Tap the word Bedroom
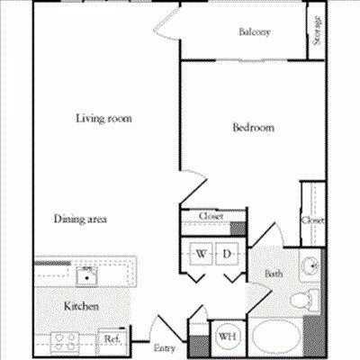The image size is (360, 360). tap(253, 128)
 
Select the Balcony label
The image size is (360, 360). tap(255, 33)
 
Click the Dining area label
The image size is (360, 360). tap(80, 219)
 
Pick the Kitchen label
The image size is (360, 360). tap(81, 307)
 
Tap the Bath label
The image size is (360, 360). tap(274, 274)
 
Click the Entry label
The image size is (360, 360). tap(164, 347)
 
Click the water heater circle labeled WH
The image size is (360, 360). tap(224, 338)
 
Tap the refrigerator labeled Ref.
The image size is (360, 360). tap(112, 339)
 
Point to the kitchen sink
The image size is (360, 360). tap(86, 270)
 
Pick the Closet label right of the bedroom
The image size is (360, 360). tap(312, 220)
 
